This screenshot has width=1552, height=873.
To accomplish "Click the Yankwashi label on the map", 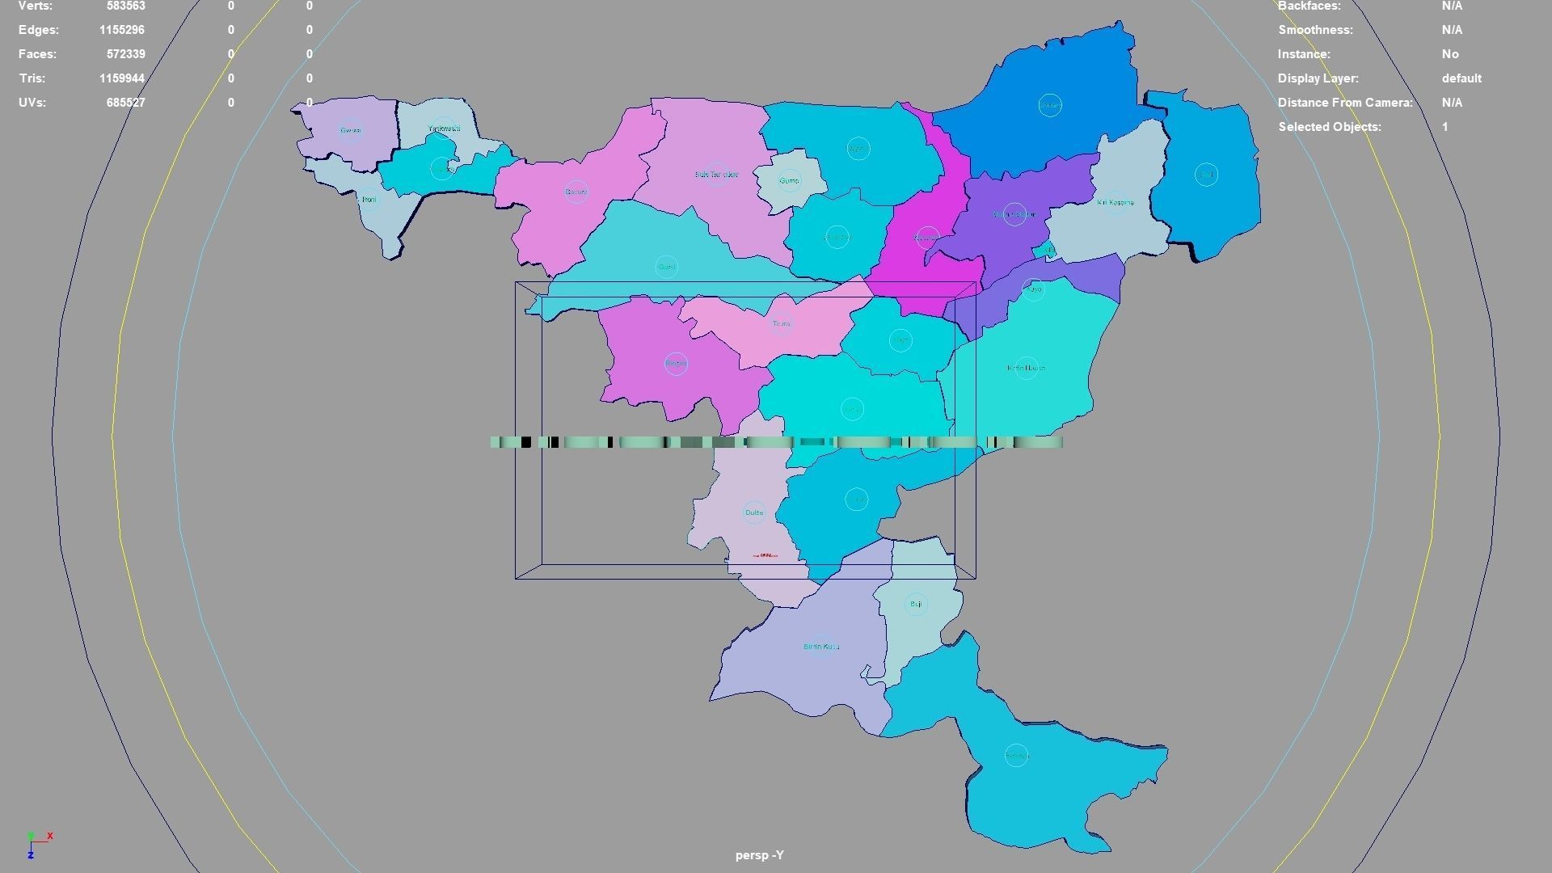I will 444,129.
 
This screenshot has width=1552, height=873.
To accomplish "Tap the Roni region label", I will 369,199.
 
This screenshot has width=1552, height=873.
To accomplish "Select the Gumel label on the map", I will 789,180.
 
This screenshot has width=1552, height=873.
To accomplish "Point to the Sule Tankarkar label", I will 716,175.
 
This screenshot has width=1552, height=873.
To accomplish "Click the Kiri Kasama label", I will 1115,202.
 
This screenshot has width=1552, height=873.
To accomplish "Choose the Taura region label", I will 781,323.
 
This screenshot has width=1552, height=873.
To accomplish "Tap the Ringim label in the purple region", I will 676,364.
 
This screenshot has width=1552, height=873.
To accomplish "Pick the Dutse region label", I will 753,512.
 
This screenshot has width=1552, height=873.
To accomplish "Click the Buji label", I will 915,604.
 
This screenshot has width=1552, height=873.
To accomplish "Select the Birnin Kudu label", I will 821,647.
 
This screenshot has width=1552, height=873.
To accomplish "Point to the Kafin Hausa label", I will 1026,368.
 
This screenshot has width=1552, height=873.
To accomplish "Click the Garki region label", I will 576,192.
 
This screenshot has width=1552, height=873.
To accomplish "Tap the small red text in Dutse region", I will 765,555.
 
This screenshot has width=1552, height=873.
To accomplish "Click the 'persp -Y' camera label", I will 759,855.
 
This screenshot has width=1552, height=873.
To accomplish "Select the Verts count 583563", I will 125,6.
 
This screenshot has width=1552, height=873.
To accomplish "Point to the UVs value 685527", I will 125,103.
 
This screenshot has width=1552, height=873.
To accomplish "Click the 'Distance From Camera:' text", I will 1345,103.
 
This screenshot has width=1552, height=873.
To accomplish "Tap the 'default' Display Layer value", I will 1461,78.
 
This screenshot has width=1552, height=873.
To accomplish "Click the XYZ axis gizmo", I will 36,844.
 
